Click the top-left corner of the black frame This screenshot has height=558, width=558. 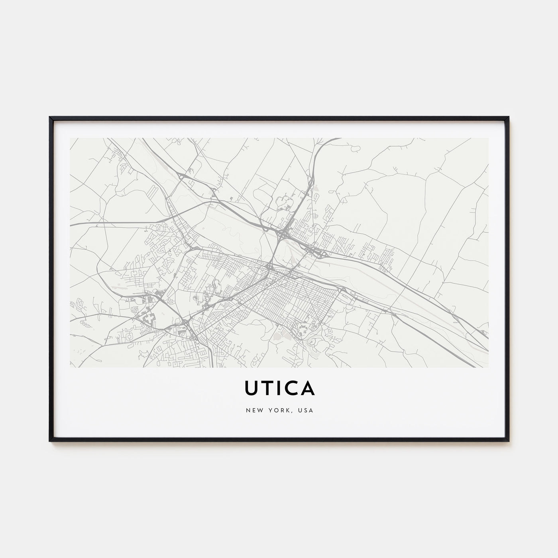[x=50, y=117]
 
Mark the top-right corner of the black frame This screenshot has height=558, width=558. [x=509, y=117]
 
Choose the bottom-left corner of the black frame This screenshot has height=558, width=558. [x=50, y=441]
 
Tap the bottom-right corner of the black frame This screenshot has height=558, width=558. [x=509, y=441]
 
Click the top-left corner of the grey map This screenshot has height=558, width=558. [x=70, y=138]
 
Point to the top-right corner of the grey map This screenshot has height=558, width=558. [x=488, y=138]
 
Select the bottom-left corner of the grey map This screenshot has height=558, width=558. [x=70, y=367]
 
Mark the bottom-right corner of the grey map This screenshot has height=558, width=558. [x=488, y=367]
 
